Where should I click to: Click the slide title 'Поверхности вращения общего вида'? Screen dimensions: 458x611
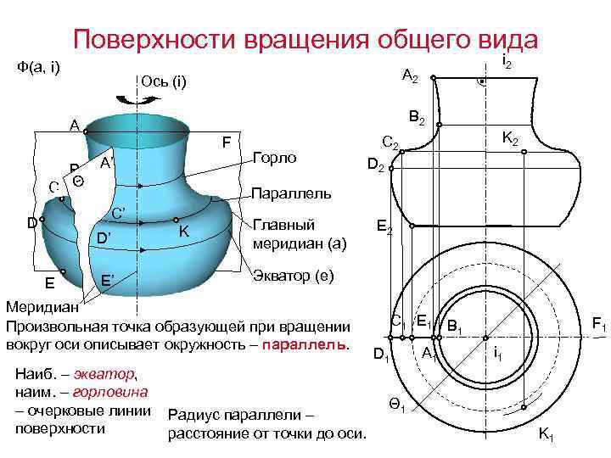(305, 40)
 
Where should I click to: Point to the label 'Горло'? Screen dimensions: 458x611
(274, 158)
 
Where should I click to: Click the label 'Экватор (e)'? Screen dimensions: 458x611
(294, 276)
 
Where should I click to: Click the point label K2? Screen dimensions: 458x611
(513, 137)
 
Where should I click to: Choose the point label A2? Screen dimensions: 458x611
(410, 77)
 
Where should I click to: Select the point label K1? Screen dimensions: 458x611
(547, 436)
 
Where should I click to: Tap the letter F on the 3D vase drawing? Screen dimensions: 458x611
(226, 142)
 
